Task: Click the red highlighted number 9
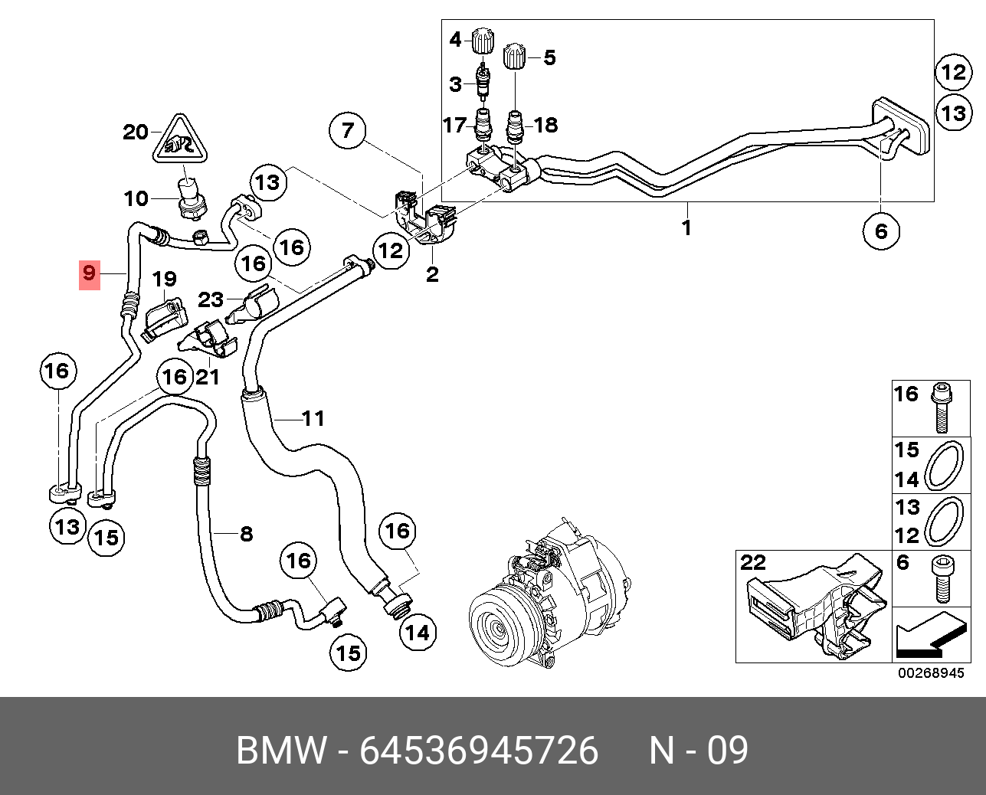coord(90,275)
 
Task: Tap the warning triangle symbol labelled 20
coord(180,139)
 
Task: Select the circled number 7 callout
coord(347,131)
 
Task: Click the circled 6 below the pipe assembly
coord(881,231)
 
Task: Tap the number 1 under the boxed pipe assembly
coord(686,227)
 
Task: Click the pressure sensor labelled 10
coord(193,200)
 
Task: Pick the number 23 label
coord(211,300)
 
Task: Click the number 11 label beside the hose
coord(313,418)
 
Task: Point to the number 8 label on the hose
coord(247,534)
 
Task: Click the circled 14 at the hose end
coord(418,633)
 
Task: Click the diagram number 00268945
coord(932,673)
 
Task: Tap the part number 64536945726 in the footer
coord(479,750)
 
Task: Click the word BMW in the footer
coord(282,750)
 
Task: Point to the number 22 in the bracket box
coord(753,563)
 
